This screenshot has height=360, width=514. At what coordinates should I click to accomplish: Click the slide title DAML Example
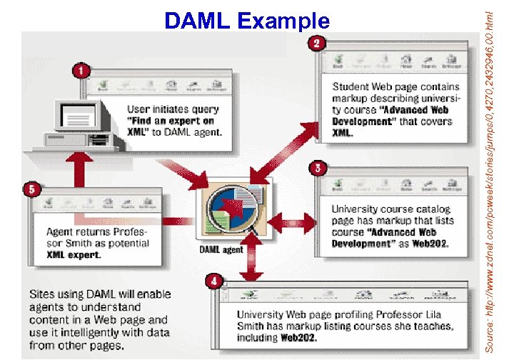pos(247,21)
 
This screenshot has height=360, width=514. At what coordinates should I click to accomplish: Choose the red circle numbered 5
pos(31,189)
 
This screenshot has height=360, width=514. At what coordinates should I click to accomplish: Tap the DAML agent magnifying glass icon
pos(232,204)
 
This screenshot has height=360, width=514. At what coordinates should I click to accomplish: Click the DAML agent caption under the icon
pos(221,250)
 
